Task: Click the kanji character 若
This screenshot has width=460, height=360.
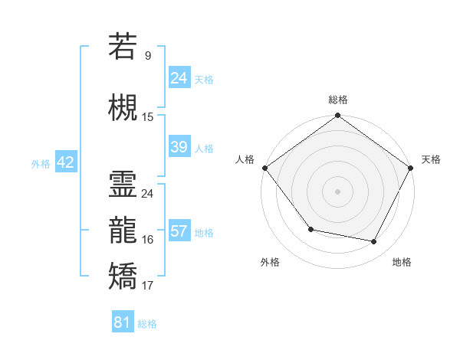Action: point(123,47)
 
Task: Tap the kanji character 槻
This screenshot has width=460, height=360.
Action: point(123,108)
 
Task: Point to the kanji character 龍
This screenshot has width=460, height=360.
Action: point(123,231)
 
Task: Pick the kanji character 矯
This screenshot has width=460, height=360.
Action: point(123,277)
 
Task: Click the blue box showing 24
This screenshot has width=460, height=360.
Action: point(179,78)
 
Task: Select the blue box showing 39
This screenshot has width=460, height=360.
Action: point(179,147)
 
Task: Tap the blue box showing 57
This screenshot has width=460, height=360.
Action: point(179,231)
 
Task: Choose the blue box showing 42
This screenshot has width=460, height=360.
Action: point(64,162)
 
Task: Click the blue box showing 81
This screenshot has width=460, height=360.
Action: point(122,322)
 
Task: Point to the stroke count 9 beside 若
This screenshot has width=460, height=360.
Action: point(147,55)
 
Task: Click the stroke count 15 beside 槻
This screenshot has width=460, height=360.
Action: point(148,117)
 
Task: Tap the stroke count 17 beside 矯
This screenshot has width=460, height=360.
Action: point(148,286)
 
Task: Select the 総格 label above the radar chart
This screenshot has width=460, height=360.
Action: point(338,100)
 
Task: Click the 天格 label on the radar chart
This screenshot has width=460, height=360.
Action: point(431,159)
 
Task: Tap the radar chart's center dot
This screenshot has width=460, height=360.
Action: point(338,191)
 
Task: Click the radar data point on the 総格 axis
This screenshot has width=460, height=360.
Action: point(338,116)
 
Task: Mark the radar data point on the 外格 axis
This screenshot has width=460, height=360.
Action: point(310,229)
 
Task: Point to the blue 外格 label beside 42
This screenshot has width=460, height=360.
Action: point(41,163)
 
